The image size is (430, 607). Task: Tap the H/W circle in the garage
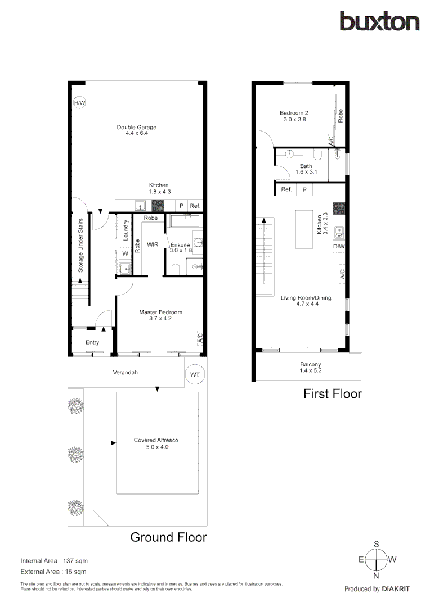click(x=79, y=103)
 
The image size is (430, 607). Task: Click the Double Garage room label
click(x=137, y=130)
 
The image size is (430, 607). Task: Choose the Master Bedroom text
click(x=160, y=315)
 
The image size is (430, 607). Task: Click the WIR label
click(x=152, y=245)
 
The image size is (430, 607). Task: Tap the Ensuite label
click(x=181, y=248)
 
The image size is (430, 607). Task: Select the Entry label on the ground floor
click(x=92, y=342)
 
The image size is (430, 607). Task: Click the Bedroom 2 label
click(x=294, y=116)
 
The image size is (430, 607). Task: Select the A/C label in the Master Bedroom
click(x=199, y=338)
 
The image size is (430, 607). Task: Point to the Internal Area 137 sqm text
click(x=54, y=561)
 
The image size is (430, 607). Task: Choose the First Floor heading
click(x=332, y=394)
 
